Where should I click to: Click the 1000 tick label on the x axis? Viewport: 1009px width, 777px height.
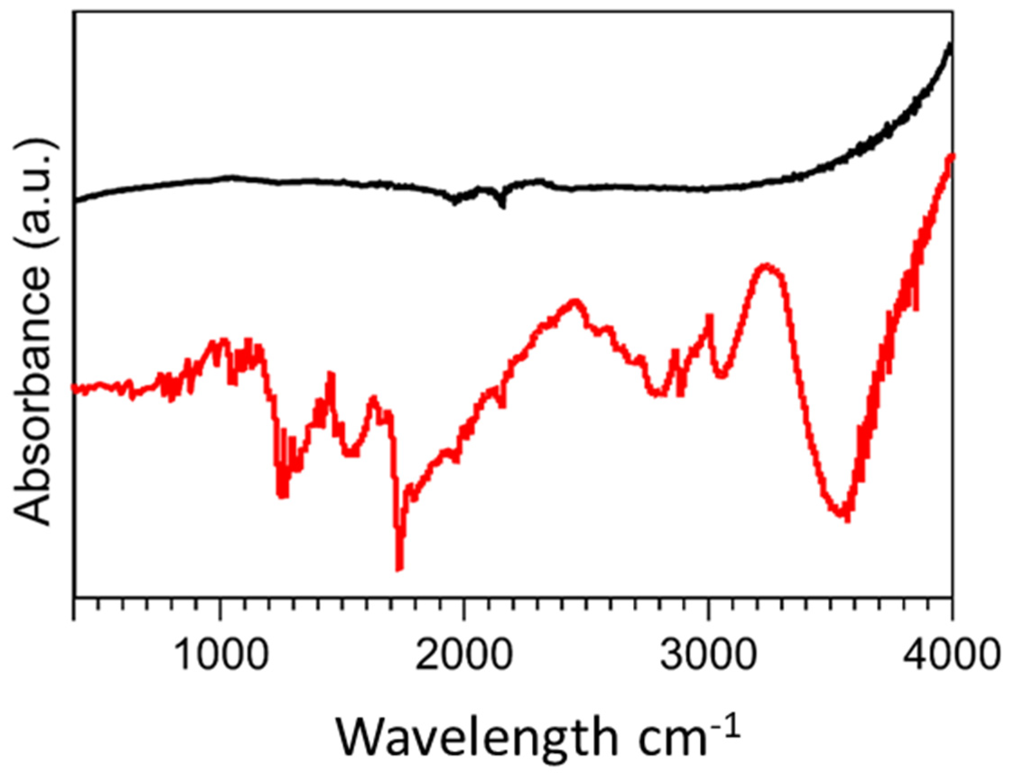(221, 657)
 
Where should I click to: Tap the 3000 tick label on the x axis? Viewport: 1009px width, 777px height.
(707, 657)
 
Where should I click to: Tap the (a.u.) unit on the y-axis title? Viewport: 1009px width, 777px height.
(32, 194)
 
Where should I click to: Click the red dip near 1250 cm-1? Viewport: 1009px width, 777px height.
(283, 494)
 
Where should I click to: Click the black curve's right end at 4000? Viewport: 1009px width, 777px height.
(950, 56)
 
